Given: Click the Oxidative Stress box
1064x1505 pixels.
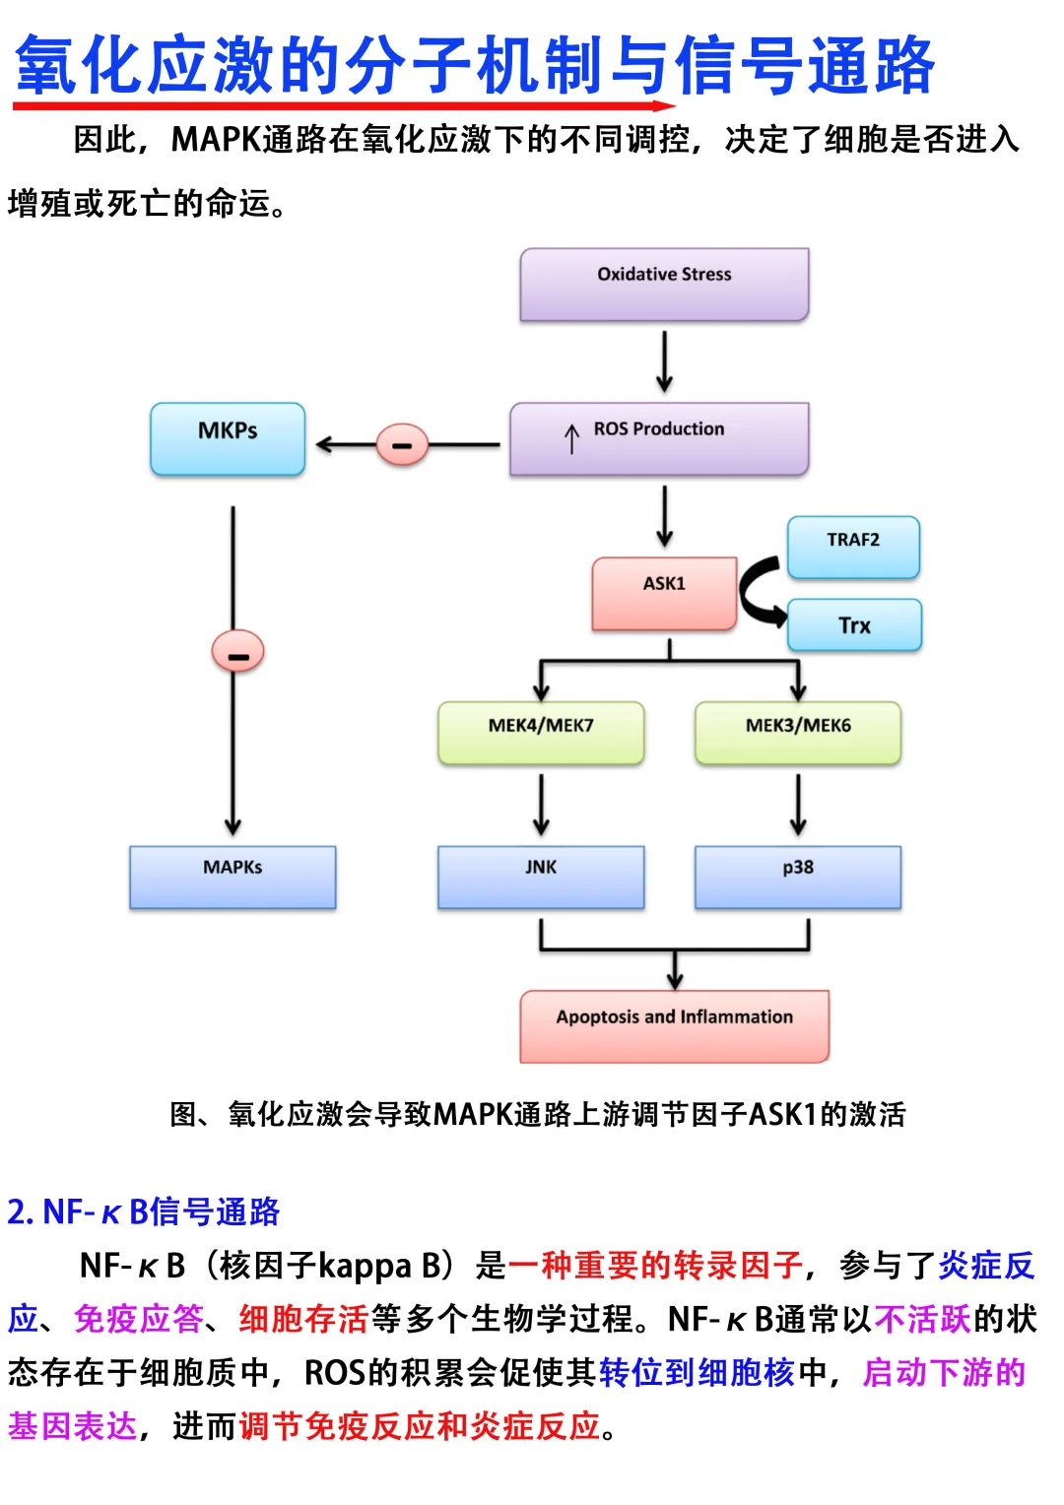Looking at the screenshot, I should [x=664, y=284].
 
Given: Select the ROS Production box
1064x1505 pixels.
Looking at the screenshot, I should [x=659, y=438].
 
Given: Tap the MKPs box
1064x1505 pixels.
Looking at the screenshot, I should [x=228, y=438].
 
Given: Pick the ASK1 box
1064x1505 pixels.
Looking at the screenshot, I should [x=664, y=593].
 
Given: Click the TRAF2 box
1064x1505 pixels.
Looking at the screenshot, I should [x=853, y=548].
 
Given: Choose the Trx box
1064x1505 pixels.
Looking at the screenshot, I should [x=854, y=625].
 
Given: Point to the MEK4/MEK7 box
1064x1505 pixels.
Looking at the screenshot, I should [x=541, y=733].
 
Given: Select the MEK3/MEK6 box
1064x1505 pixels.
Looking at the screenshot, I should [x=798, y=733].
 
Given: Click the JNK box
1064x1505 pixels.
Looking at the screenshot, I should [x=541, y=876].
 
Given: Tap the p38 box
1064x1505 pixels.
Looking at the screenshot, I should [x=798, y=876].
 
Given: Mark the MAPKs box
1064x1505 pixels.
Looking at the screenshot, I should [x=233, y=876].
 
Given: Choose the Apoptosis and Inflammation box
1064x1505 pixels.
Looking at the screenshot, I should [x=674, y=1025].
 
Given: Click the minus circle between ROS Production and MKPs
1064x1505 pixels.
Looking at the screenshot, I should [x=402, y=445].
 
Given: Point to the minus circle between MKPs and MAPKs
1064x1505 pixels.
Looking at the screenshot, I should [x=237, y=652].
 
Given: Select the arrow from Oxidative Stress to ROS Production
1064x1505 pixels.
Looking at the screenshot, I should [x=665, y=361].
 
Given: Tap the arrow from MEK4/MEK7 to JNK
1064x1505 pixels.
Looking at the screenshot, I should [x=541, y=804].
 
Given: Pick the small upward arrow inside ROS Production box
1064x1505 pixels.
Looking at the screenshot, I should [x=571, y=438].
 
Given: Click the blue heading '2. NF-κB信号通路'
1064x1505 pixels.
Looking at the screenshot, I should [x=144, y=1211].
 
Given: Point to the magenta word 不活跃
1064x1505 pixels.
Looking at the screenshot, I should [x=922, y=1319].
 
